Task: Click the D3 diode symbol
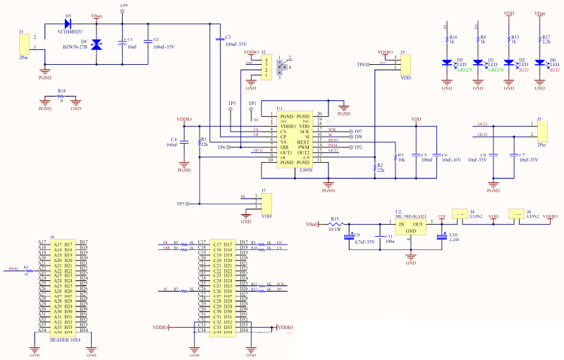[x=68, y=23]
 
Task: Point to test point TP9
[x=124, y=12]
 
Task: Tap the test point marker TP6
[x=231, y=147]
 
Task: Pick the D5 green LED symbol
[x=447, y=62]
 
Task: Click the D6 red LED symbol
[x=539, y=62]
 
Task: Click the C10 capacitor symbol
[x=442, y=237]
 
